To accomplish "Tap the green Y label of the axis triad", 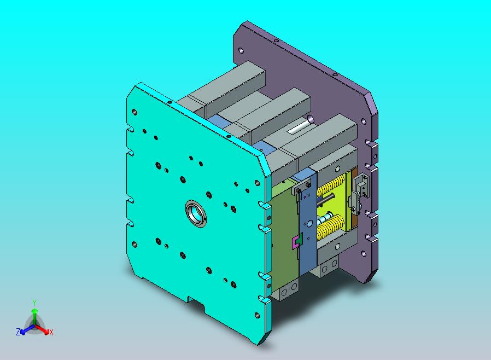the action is tap(34, 303).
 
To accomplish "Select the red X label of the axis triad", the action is tap(51, 332).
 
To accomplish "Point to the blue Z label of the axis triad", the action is tap(18, 332).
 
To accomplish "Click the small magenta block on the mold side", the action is tap(295, 243).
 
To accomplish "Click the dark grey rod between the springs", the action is tap(326, 200).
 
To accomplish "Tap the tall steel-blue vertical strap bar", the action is tap(306, 223).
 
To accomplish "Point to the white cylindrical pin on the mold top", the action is tap(301, 125).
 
